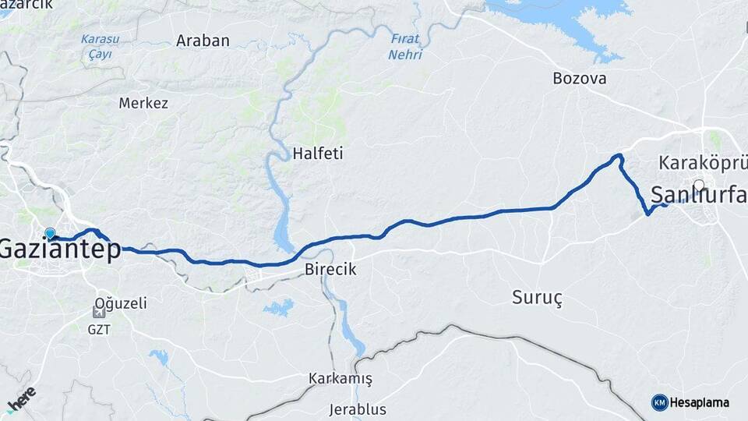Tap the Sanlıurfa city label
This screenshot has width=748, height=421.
pos(698,196)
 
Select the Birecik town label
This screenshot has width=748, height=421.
pos(330,269)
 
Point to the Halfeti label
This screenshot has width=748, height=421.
pos(317,154)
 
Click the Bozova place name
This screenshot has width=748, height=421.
pos(579,78)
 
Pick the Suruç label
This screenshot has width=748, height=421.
pos(537,297)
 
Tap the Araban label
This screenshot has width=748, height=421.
pos(203,41)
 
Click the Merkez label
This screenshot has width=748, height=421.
pos(143,103)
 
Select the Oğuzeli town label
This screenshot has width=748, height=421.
pos(120,303)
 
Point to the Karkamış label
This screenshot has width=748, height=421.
pos(340,379)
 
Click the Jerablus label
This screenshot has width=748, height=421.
pos(358,409)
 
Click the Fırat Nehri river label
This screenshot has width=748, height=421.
pos(405,47)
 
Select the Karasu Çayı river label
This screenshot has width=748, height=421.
pos(100,46)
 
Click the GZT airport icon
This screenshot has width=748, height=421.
pos(99,313)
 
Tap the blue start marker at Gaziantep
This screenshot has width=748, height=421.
pos(51,234)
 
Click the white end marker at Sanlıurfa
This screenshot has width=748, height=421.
pos(699,186)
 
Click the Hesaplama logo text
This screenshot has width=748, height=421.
pos(699,403)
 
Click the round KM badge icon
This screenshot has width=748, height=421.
pos(659,402)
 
